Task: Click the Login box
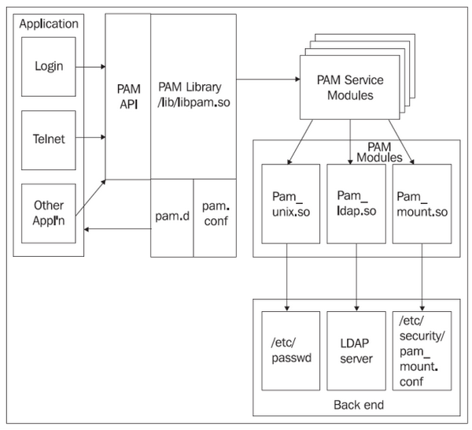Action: (x=49, y=65)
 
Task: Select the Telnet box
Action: (x=49, y=139)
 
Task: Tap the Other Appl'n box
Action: (x=49, y=213)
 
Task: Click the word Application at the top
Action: (x=49, y=24)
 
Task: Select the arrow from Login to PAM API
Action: (x=91, y=66)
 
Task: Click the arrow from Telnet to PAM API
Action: (x=91, y=139)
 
